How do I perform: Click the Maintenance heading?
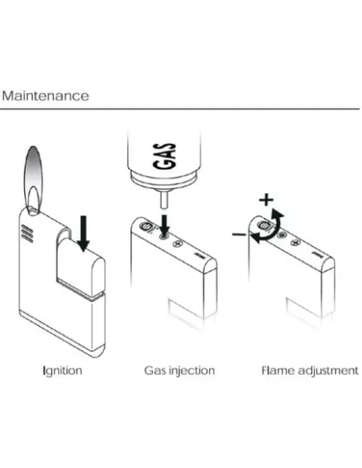point(46,96)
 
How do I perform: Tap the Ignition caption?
point(62,371)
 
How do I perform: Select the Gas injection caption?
point(179,371)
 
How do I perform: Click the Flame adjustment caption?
point(310,371)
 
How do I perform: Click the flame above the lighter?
point(34,179)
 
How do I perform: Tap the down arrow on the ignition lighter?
point(83,233)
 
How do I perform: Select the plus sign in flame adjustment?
point(266,200)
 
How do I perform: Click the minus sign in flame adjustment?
point(239,235)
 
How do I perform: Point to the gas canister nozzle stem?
point(163,200)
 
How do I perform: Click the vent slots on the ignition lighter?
point(27,234)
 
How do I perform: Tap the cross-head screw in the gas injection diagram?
point(178,244)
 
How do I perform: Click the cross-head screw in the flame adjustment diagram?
point(296,243)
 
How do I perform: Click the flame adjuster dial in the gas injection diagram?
point(147,227)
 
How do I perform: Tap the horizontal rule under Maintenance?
point(179,109)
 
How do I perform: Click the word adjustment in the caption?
point(328,371)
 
